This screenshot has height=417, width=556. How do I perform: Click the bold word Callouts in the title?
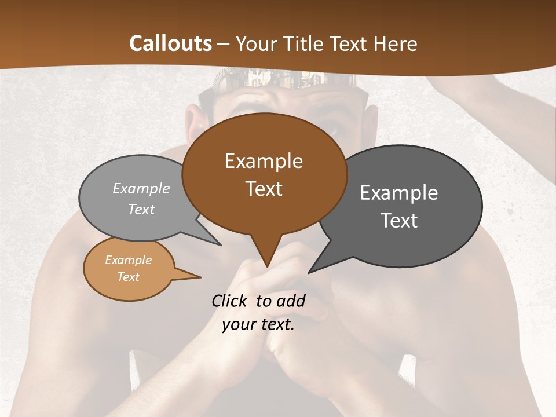click(x=170, y=43)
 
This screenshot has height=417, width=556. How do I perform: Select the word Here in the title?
click(x=396, y=43)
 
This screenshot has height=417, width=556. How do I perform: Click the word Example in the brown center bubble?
click(x=264, y=161)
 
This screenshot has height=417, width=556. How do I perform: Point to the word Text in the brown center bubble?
click(x=264, y=189)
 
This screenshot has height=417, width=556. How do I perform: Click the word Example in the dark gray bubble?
click(x=399, y=193)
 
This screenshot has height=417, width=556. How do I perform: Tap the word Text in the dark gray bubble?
click(x=399, y=221)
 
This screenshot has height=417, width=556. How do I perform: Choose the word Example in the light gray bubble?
click(x=141, y=189)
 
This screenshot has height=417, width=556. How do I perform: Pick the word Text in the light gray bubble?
click(x=141, y=210)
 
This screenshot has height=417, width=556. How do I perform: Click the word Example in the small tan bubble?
click(x=128, y=260)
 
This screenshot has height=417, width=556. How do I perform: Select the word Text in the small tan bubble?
click(x=128, y=277)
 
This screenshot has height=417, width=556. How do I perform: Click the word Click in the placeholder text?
click(x=231, y=301)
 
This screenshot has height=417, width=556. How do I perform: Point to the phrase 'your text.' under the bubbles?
click(x=258, y=324)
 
